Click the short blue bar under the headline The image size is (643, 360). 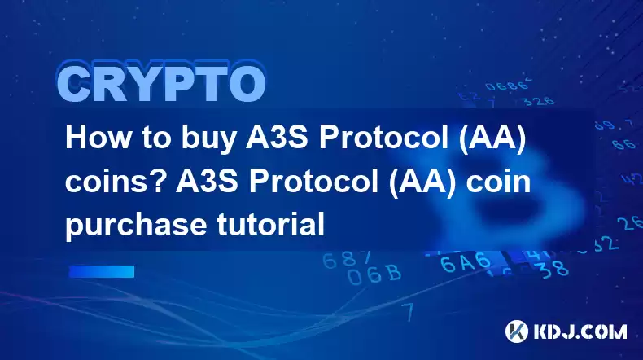102,271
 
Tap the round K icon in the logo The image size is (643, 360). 517,331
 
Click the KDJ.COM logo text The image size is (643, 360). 580,331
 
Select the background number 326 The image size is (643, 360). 538,101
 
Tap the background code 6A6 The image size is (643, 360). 466,262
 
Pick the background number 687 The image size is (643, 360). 347,259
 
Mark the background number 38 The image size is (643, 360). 553,269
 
